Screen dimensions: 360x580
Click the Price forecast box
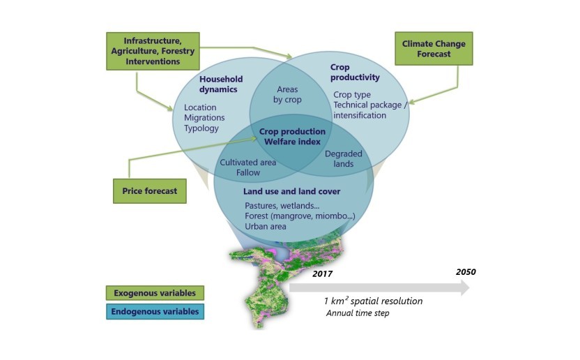[x=150, y=190]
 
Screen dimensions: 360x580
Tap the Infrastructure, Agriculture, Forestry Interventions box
[x=153, y=51]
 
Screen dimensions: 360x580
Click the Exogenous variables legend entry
[x=150, y=292]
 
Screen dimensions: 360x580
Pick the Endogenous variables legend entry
[x=155, y=311]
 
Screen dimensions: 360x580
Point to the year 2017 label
[x=323, y=274]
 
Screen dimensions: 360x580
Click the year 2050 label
[x=466, y=271]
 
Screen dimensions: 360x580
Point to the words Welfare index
[x=292, y=142]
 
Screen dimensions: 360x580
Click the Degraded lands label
[x=339, y=158]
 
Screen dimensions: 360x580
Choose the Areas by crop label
[x=288, y=94]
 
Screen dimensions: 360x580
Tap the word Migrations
[x=204, y=118]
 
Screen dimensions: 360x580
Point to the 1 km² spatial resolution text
[x=372, y=301]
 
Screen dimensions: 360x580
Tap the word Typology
[x=201, y=128]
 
